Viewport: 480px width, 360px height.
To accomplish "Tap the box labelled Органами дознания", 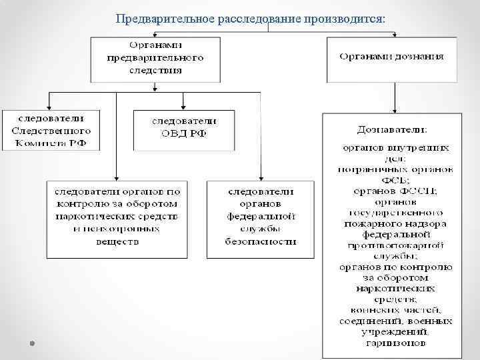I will coord(391,58).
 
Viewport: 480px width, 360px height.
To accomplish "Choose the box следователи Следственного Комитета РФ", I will coord(51,129).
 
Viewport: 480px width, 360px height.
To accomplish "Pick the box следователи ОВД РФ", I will coord(184,129).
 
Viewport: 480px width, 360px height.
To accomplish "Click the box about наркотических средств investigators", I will coord(117,217).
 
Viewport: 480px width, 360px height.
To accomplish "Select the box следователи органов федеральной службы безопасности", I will coord(261,217).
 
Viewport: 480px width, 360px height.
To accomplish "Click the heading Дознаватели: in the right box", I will coord(391,129).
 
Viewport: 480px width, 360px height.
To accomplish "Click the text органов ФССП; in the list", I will coord(394,191).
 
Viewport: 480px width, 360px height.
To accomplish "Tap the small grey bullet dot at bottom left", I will coord(32,342).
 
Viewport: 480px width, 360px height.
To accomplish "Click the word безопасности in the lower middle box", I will coord(261,241).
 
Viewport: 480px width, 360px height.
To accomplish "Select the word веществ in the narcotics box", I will coord(117,241).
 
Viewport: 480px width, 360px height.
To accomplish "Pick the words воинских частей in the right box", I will coord(394,309).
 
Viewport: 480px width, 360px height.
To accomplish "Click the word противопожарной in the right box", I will coord(395,245).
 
